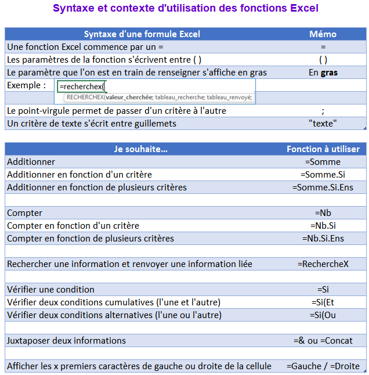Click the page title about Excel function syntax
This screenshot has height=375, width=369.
(x=186, y=9)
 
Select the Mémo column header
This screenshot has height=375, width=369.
(x=323, y=34)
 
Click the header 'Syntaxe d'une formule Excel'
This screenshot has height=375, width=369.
(x=142, y=34)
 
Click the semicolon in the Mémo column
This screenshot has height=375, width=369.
(x=323, y=110)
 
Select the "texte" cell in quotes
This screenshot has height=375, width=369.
(x=323, y=123)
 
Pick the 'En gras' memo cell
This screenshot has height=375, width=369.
(x=323, y=73)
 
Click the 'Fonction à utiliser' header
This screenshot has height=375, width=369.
(x=323, y=149)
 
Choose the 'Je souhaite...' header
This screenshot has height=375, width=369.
(x=142, y=149)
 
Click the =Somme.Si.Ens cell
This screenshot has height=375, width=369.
(x=323, y=187)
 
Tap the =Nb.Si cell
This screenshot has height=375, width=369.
(x=323, y=226)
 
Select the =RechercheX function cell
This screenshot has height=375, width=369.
(x=323, y=264)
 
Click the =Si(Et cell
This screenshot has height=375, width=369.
(x=323, y=302)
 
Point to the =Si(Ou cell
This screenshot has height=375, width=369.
(x=323, y=315)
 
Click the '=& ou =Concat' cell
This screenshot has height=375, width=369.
(x=323, y=341)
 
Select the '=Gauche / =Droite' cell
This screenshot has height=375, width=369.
(x=323, y=366)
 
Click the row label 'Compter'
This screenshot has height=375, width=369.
(x=24, y=213)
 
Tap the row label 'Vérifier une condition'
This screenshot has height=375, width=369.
(x=50, y=290)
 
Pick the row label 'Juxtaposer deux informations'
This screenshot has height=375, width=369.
(x=66, y=341)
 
